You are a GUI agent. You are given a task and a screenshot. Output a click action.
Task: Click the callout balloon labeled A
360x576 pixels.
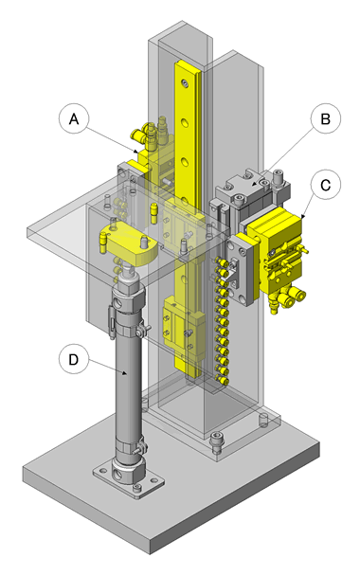click(x=74, y=119)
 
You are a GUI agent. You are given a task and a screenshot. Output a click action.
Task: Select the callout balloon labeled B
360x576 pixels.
click(x=326, y=119)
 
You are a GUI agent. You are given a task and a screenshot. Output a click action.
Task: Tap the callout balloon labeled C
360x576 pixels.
click(x=326, y=185)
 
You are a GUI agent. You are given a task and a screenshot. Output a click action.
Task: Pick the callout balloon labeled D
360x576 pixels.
click(x=74, y=359)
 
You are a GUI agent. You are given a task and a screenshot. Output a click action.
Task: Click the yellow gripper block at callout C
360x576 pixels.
click(x=279, y=250)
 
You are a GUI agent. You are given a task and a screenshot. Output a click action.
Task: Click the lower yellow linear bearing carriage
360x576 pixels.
click(x=184, y=327)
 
